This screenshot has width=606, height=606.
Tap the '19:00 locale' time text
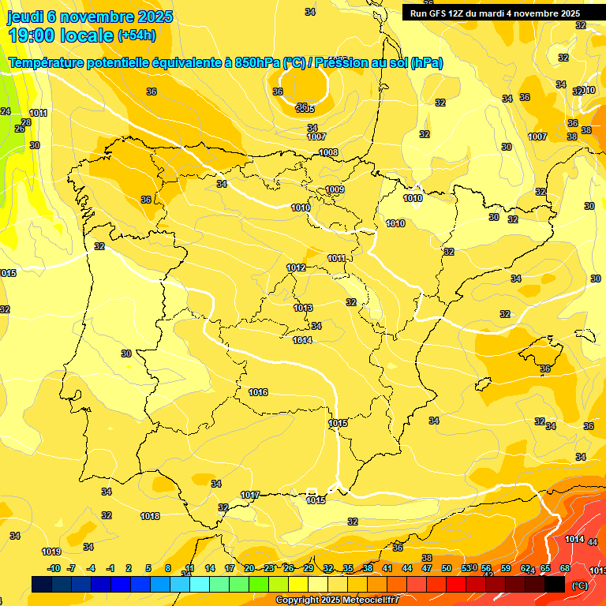pos(61,36)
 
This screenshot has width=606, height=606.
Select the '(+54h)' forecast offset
pos(137,36)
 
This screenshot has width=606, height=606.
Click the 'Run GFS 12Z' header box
pos(495,13)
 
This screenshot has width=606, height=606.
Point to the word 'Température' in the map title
pos(47,63)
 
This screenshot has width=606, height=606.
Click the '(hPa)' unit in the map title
pos(426,63)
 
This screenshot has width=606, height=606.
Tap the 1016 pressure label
pos(258,392)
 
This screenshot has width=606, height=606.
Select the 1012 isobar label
pos(296,268)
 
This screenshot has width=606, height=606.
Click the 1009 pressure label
pos(335,189)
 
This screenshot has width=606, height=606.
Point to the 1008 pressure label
pos(328,152)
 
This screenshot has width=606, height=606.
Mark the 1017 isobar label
pos(250,495)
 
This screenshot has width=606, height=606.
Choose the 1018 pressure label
pos(150,516)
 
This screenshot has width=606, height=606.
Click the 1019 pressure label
pos(51,552)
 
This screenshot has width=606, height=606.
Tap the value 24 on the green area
pos(6,111)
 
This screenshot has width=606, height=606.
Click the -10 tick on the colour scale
pos(54,568)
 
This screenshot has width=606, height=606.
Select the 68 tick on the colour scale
pos(565,568)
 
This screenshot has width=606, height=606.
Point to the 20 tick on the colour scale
pos(249,568)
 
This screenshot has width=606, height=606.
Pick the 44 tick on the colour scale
pos(406,568)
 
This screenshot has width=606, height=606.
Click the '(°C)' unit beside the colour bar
pos(579,585)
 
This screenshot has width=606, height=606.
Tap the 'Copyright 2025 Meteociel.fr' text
pos(337,600)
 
